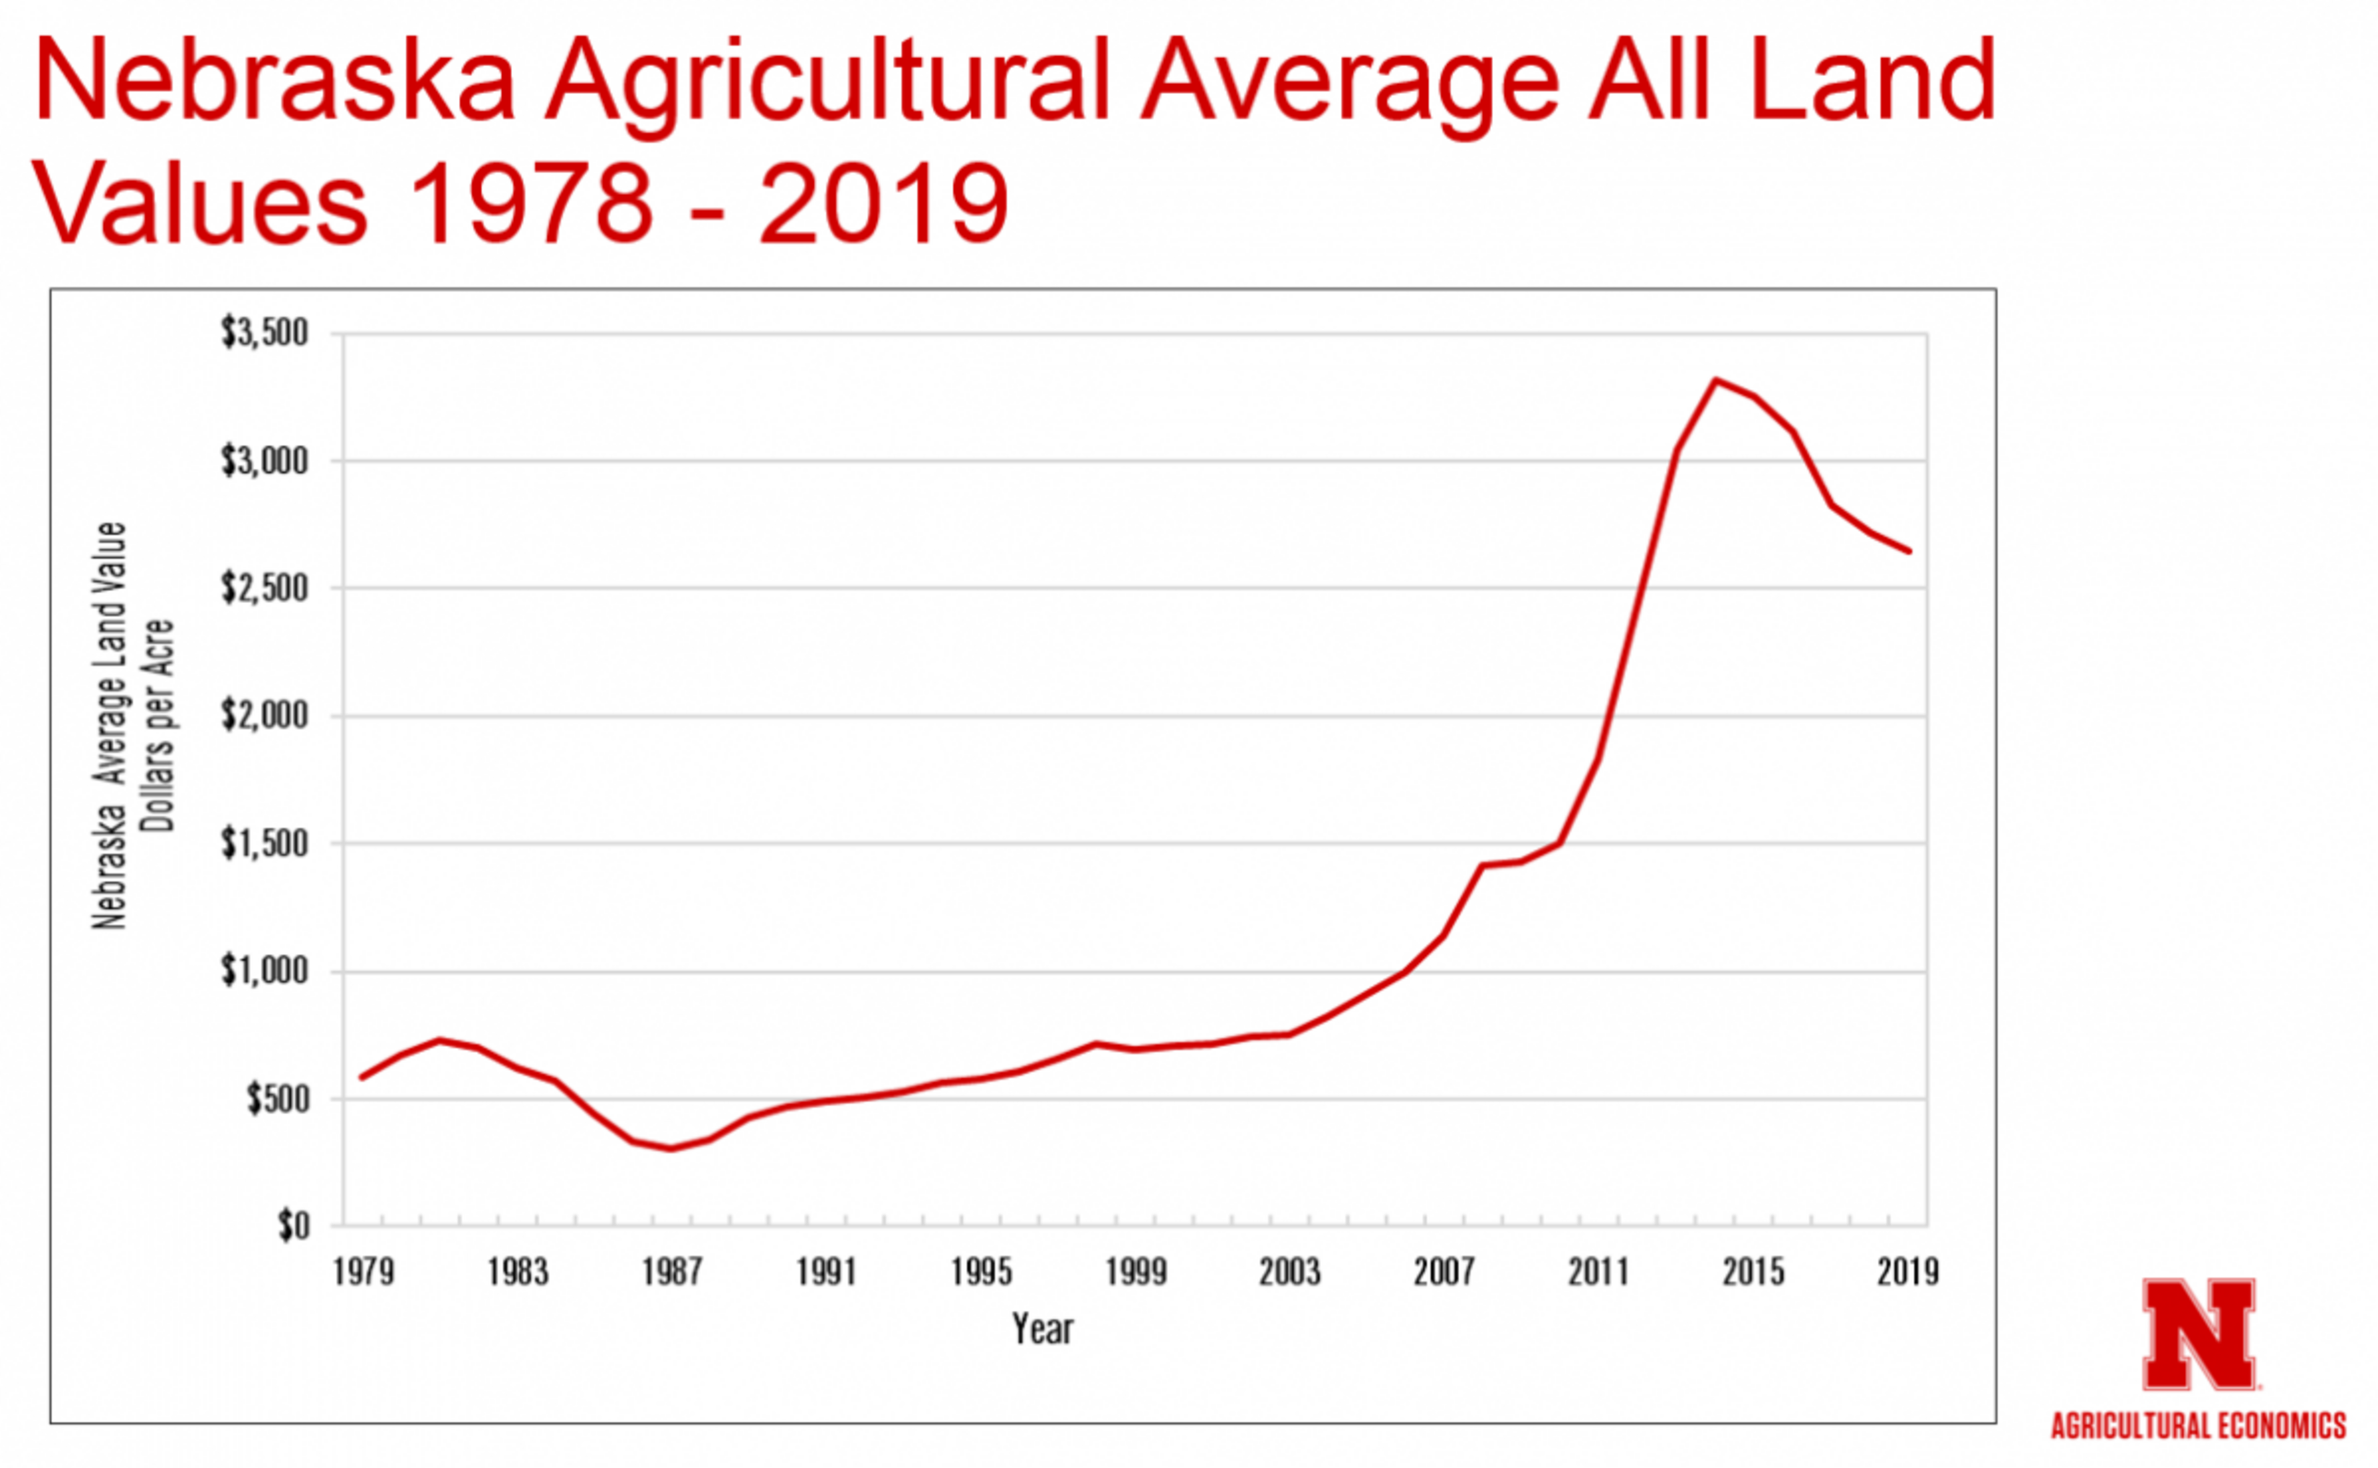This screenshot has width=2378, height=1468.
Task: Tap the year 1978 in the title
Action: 530,204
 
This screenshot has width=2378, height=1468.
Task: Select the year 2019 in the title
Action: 884,204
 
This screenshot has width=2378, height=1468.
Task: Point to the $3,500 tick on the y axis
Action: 264,333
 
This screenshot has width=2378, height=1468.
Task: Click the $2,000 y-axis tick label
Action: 264,716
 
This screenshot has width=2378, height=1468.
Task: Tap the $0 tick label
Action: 294,1227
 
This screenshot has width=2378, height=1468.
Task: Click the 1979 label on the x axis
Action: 363,1272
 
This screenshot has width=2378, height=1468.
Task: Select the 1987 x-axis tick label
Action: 672,1272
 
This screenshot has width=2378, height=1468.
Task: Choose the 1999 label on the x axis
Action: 1135,1272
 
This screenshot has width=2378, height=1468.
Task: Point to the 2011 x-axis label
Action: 1598,1272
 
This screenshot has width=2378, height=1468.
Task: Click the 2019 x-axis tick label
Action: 1907,1272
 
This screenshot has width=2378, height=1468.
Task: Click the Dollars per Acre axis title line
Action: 157,725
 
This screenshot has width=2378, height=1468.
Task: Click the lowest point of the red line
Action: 672,1149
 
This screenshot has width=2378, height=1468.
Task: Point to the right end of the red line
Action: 1909,550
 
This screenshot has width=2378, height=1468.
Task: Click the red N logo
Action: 2198,1335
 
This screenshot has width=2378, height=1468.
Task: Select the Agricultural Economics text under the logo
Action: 2198,1425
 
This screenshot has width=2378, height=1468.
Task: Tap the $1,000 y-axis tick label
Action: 264,971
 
